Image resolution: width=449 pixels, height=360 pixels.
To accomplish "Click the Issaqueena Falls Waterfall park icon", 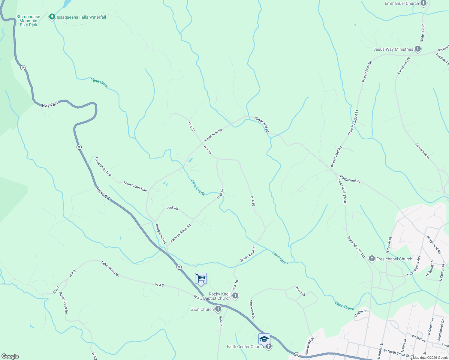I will click(52, 17).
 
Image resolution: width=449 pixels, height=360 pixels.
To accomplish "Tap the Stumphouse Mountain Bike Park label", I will click(28, 21).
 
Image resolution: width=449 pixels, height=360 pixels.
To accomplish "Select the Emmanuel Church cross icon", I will click(423, 3).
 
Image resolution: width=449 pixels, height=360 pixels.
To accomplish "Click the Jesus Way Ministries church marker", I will click(417, 49).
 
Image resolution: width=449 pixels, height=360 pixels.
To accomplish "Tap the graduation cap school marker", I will click(264, 339).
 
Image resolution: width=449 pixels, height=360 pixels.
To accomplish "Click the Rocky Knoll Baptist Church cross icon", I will click(235, 296).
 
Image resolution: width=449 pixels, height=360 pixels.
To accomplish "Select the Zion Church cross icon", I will click(218, 309).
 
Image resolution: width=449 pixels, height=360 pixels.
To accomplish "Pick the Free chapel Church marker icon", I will click(372, 259).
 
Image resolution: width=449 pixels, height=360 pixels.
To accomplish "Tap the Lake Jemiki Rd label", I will click(110, 269).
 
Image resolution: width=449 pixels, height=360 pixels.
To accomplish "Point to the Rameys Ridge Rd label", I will click(181, 233).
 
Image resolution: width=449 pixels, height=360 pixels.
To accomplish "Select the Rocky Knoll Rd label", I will click(248, 254).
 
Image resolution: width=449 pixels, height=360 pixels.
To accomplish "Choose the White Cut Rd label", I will click(422, 33).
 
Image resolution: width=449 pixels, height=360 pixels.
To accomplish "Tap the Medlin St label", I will click(360, 313).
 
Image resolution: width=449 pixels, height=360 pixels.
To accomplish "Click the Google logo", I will click(10, 356).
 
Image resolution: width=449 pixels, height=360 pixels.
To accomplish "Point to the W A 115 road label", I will click(300, 291).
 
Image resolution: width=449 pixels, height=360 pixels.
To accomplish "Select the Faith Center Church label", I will click(245, 346).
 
